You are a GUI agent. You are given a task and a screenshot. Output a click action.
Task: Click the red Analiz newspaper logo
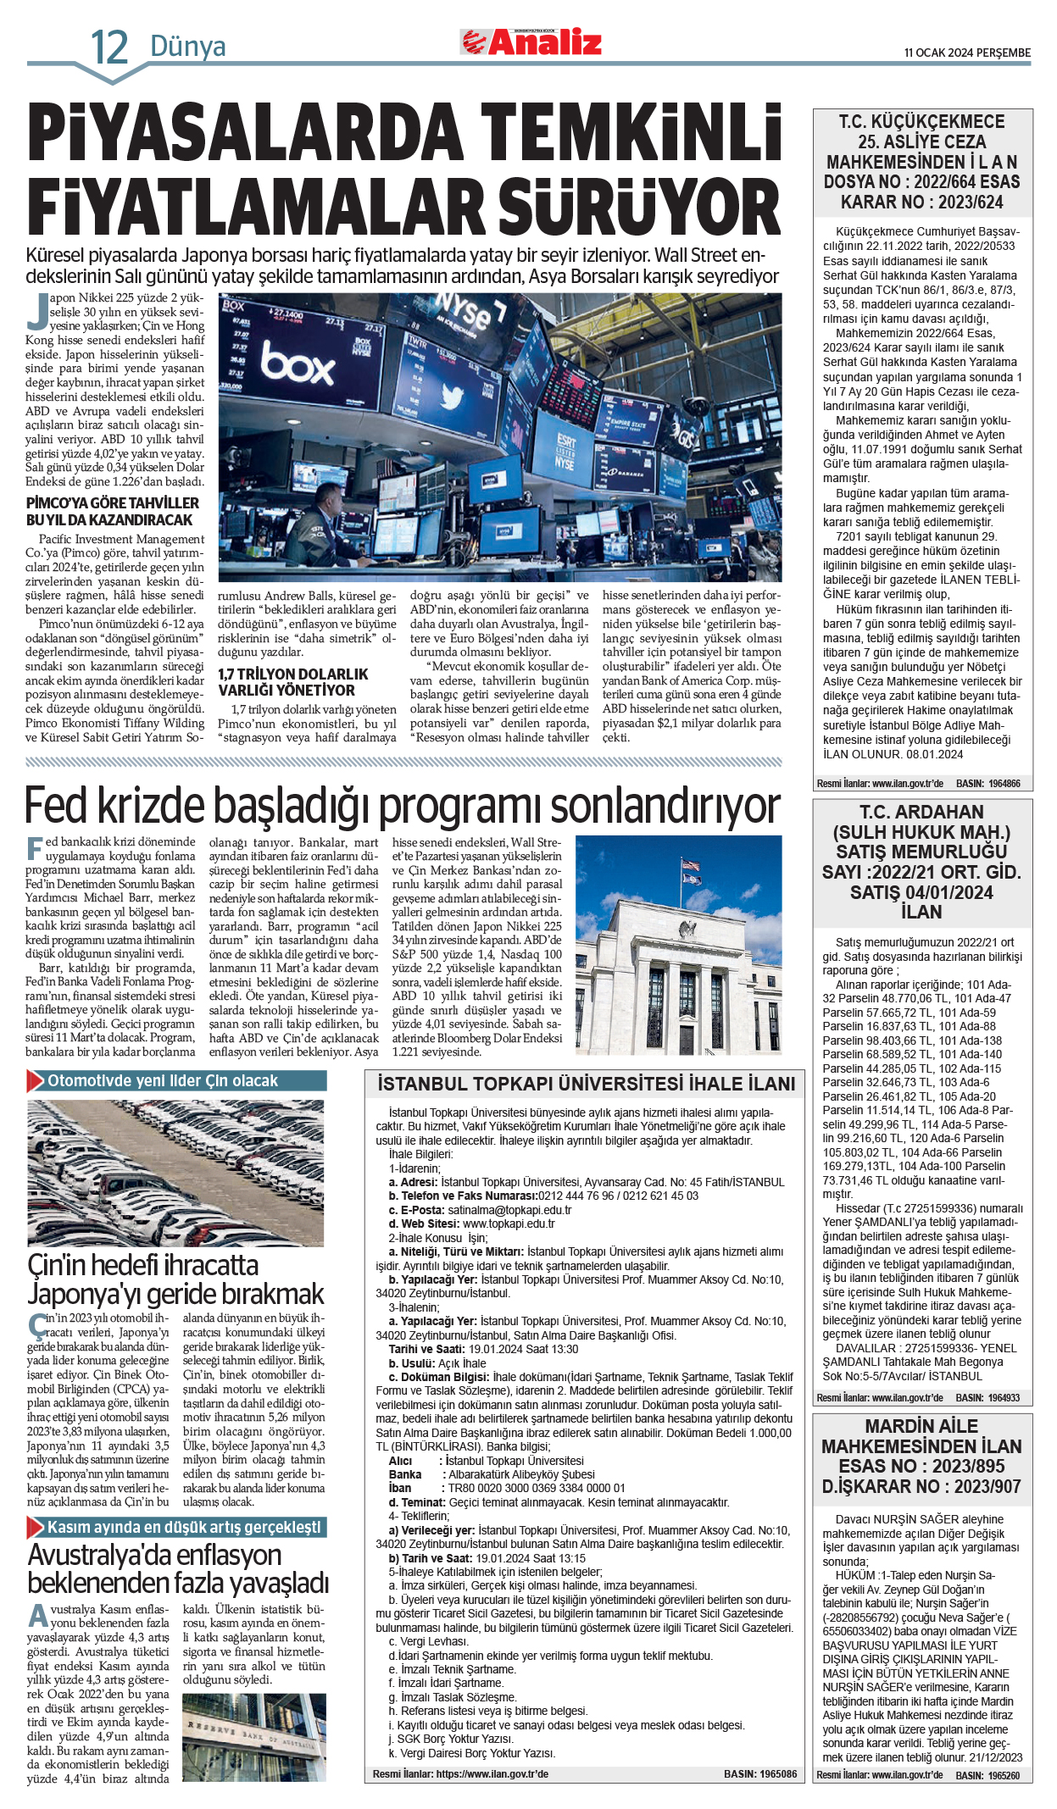pyautogui.click(x=531, y=42)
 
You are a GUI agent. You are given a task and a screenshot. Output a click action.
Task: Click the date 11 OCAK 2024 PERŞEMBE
pyautogui.click(x=967, y=53)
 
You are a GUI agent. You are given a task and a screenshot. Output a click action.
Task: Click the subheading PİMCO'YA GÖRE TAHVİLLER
pyautogui.click(x=112, y=503)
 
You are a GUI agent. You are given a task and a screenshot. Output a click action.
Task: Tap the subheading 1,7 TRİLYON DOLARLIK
pyautogui.click(x=292, y=674)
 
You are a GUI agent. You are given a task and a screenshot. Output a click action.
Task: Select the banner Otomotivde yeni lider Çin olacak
pyautogui.click(x=163, y=1081)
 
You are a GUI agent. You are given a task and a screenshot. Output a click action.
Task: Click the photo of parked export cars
pyautogui.click(x=175, y=1173)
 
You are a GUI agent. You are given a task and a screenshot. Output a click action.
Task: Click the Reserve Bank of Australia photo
pyautogui.click(x=253, y=1737)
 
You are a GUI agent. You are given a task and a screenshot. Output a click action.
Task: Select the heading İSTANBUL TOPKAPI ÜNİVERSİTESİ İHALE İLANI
pyautogui.click(x=586, y=1084)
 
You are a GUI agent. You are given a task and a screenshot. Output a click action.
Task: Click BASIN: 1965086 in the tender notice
pyautogui.click(x=759, y=1773)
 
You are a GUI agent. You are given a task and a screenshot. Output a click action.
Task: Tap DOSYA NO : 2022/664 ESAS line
pyautogui.click(x=921, y=182)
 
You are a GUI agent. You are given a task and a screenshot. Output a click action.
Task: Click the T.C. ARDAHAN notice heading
pyautogui.click(x=921, y=813)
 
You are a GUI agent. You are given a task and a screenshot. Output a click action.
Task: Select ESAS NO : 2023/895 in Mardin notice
pyautogui.click(x=921, y=1467)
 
